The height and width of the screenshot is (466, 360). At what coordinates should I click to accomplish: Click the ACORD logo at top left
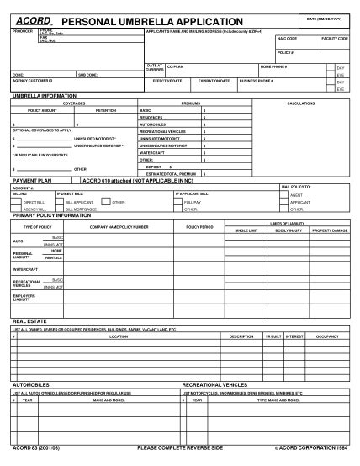tap(30, 19)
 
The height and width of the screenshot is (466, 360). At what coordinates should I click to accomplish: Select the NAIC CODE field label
tap(287, 39)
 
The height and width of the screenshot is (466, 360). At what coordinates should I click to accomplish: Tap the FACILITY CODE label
tap(335, 39)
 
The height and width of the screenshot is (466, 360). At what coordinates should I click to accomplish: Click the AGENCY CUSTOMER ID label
tap(32, 81)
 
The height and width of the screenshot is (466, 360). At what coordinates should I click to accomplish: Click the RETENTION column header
tap(106, 110)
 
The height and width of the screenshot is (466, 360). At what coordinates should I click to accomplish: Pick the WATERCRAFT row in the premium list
tap(153, 152)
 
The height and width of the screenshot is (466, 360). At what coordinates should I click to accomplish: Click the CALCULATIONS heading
tap(300, 103)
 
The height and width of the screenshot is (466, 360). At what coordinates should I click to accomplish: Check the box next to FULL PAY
tap(178, 202)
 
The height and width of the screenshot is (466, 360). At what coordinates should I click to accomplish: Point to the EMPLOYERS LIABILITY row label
tap(23, 299)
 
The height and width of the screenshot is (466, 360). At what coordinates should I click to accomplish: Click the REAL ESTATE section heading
tap(29, 321)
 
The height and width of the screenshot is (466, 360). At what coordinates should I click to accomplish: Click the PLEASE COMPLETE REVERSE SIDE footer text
tap(179, 448)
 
